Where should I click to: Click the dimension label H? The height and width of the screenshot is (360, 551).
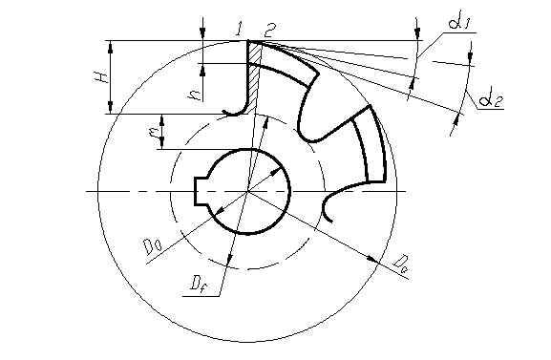(x=101, y=76)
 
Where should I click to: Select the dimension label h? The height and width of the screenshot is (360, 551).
(x=196, y=95)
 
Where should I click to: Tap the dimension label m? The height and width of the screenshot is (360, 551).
(x=154, y=132)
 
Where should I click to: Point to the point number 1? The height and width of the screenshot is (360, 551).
(x=240, y=29)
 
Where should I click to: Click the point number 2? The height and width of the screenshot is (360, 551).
(x=270, y=31)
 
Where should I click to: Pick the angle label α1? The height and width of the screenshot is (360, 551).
(x=459, y=23)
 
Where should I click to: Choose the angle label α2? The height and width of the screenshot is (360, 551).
(x=491, y=100)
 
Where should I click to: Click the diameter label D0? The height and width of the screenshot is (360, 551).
(x=153, y=246)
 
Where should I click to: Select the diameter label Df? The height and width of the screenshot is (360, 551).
(x=199, y=284)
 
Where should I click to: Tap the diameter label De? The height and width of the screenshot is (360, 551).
(x=401, y=264)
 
